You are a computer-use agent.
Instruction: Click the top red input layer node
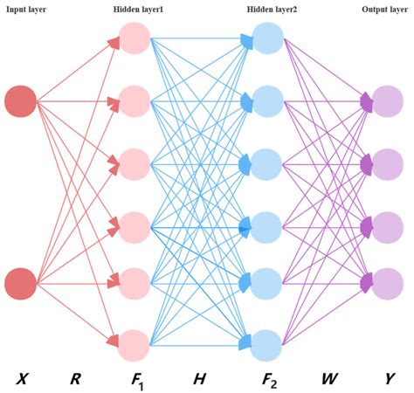(x=20, y=101)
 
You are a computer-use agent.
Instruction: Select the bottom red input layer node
(x=20, y=283)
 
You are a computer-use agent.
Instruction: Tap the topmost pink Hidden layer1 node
(x=135, y=38)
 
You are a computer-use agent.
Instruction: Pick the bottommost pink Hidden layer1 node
(x=135, y=344)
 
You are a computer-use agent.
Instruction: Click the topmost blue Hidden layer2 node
(x=267, y=38)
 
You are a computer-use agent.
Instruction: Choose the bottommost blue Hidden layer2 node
(x=267, y=344)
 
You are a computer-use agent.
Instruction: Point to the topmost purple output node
(x=387, y=101)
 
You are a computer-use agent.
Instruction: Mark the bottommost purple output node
(x=387, y=283)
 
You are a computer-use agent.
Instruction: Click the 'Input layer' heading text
(x=27, y=9)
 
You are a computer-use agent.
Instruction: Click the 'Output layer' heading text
(x=384, y=9)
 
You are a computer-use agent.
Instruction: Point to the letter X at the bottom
(x=22, y=378)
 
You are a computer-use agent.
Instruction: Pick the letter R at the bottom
(x=75, y=378)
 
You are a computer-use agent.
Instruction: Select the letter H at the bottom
(x=199, y=378)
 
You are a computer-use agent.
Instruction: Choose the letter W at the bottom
(x=329, y=378)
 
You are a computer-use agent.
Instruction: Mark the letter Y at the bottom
(x=390, y=378)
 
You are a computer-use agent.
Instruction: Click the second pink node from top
(x=135, y=101)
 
